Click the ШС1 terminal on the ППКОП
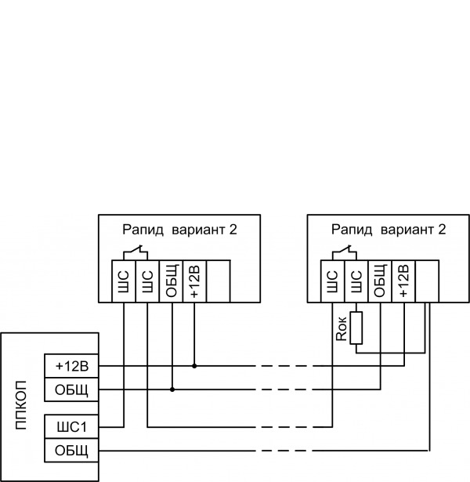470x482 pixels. click(72, 426)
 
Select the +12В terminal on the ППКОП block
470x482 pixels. click(72, 366)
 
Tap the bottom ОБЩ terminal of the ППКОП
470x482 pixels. click(72, 451)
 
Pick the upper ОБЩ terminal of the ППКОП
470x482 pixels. click(72, 390)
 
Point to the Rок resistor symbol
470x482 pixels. click(356, 328)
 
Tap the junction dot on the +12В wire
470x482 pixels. click(194, 365)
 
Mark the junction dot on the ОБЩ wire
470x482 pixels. click(172, 389)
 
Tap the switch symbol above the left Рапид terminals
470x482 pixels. click(135, 253)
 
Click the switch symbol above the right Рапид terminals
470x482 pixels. click(344, 253)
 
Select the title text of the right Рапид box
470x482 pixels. click(388, 230)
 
